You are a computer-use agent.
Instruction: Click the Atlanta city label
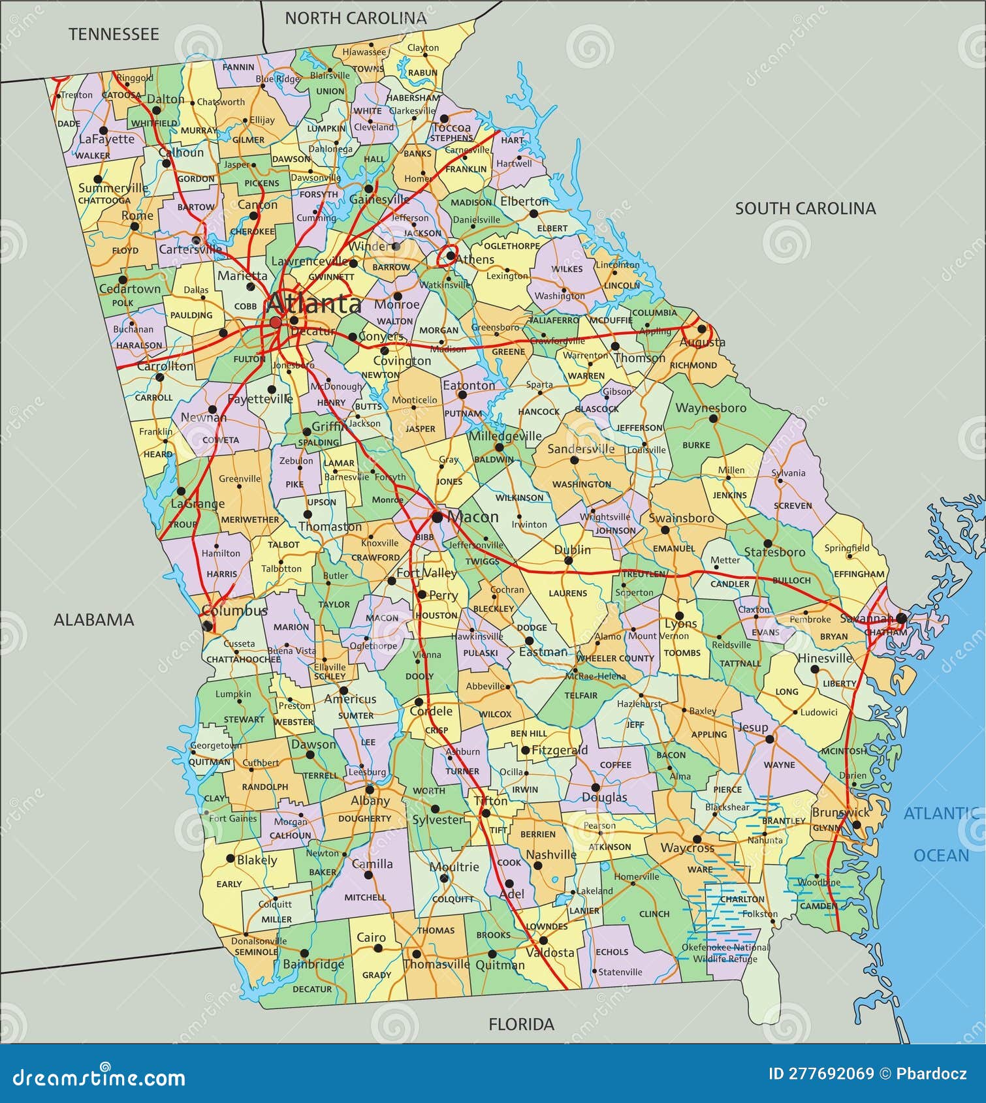313,303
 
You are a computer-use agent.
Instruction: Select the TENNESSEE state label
114,34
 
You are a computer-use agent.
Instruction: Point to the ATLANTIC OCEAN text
940,833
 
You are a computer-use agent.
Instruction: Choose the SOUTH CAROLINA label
805,208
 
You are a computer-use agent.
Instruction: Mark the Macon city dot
437,518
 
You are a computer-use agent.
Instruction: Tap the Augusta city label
703,342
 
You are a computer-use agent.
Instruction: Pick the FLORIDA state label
521,1024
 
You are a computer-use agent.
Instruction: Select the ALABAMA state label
93,619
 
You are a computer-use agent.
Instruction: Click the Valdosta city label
550,953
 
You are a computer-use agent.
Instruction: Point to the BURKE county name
695,445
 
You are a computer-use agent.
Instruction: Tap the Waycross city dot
697,839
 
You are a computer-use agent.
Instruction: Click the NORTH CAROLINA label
355,18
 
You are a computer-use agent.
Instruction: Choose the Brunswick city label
840,813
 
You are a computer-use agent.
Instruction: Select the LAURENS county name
567,593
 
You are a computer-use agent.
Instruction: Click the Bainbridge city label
313,964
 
